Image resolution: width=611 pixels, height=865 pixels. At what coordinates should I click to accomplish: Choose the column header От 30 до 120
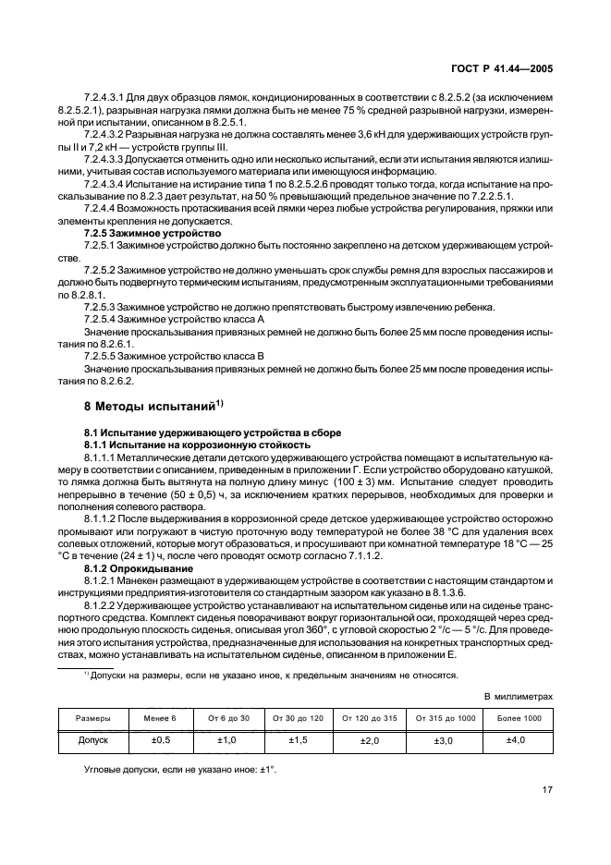pos(297,717)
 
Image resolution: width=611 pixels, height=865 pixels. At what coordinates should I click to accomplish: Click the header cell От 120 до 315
pos(370,717)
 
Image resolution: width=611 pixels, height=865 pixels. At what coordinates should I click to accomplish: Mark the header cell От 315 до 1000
pos(446,717)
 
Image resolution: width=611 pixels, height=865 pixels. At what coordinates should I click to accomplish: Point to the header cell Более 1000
pos(519,717)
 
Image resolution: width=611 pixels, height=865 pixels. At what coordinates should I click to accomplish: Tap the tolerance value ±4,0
pos(519,740)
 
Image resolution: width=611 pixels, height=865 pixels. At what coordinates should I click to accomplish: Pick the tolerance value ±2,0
pos(370,740)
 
